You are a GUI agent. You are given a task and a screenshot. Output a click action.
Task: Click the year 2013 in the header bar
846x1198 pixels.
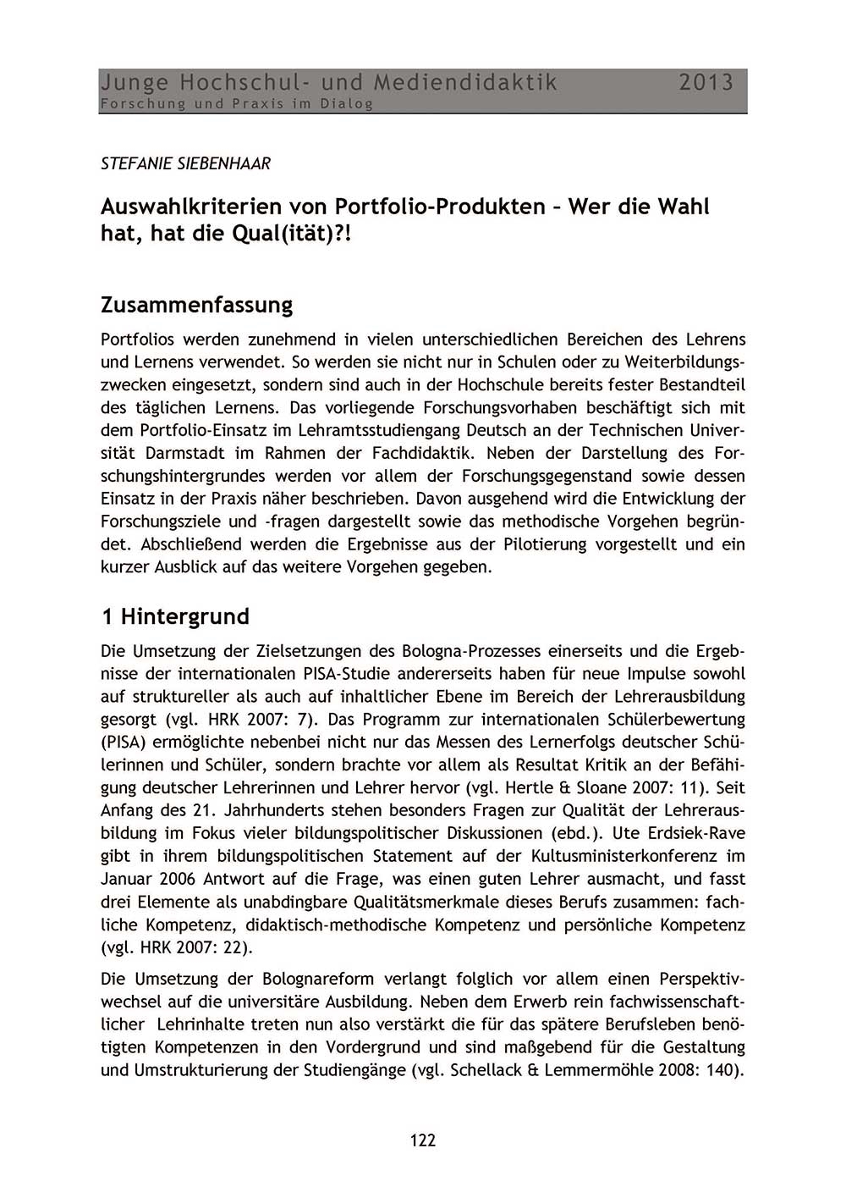(x=706, y=82)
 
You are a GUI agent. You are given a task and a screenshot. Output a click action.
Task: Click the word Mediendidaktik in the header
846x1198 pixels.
(x=465, y=82)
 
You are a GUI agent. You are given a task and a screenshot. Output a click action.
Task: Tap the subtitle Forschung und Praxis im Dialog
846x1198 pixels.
(x=237, y=104)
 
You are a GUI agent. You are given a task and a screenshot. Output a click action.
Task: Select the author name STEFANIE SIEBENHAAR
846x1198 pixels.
(x=185, y=163)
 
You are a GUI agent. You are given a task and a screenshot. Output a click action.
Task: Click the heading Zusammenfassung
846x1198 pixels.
(x=196, y=304)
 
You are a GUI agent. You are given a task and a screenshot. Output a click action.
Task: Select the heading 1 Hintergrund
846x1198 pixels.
(x=175, y=616)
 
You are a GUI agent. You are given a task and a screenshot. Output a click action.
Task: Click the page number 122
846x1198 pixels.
(x=422, y=1140)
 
